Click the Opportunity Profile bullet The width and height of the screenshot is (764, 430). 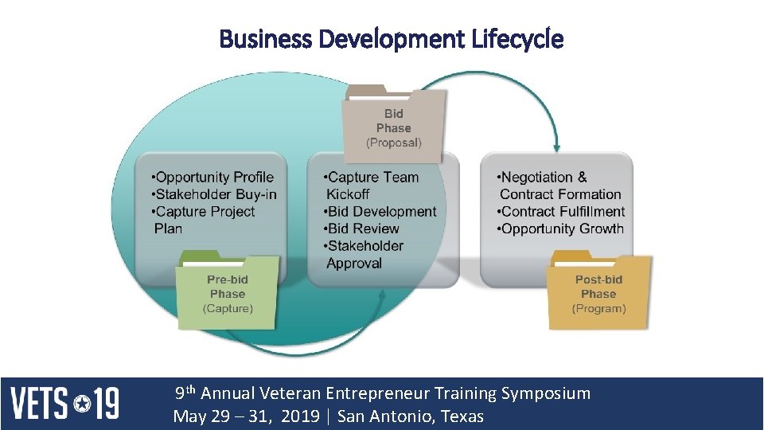pos(214,178)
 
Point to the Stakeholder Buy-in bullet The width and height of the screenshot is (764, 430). pos(216,194)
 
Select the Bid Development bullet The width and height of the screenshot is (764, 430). pos(381,212)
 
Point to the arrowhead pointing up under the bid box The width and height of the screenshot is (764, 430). pos(383,295)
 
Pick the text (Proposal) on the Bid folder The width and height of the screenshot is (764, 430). pos(394,143)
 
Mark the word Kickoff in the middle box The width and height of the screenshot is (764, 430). pos(348,194)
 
